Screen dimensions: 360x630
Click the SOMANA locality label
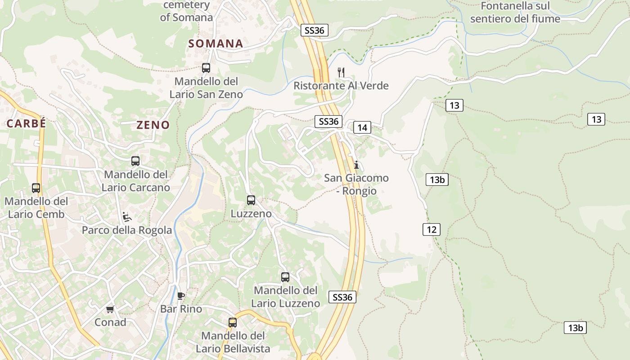coord(216,44)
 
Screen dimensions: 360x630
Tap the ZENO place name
coord(153,125)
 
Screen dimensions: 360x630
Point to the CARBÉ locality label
coord(26,123)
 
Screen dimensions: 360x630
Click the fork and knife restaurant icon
coord(341,72)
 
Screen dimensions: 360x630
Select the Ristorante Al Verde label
coord(341,85)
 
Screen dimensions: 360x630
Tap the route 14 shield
coord(362,128)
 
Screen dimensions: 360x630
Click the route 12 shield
coord(432,229)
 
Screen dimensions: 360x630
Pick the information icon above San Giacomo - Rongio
coord(356,165)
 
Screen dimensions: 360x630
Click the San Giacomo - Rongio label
coord(356,184)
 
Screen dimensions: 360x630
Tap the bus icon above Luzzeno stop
coord(251,200)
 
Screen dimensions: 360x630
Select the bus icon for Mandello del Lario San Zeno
coord(206,68)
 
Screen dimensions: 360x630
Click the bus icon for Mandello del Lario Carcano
coord(135,161)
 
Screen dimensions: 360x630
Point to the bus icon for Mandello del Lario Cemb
coord(36,188)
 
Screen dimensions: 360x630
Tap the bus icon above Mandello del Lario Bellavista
coord(233,322)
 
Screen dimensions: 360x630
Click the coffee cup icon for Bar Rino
coord(181,296)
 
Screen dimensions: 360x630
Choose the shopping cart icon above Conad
coord(110,309)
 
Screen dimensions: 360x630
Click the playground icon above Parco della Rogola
coord(127,217)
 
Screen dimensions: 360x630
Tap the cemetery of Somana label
coord(186,11)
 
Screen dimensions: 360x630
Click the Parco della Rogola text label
coord(127,230)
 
